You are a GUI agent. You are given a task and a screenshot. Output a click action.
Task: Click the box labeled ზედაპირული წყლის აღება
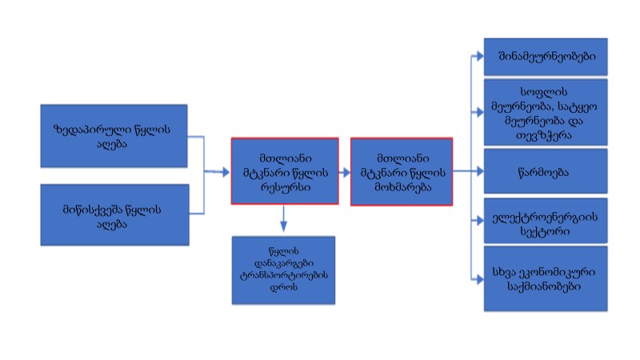114,134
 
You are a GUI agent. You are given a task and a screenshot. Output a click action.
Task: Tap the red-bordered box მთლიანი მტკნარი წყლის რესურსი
285,170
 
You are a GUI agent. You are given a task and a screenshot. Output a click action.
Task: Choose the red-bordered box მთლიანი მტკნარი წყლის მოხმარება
402,171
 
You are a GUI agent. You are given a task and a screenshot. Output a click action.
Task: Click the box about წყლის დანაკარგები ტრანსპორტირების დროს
283,270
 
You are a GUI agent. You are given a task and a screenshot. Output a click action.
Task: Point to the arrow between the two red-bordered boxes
345,170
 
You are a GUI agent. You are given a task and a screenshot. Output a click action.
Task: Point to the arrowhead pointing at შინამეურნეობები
478,57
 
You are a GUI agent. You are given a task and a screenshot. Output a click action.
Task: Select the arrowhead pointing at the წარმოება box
478,170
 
